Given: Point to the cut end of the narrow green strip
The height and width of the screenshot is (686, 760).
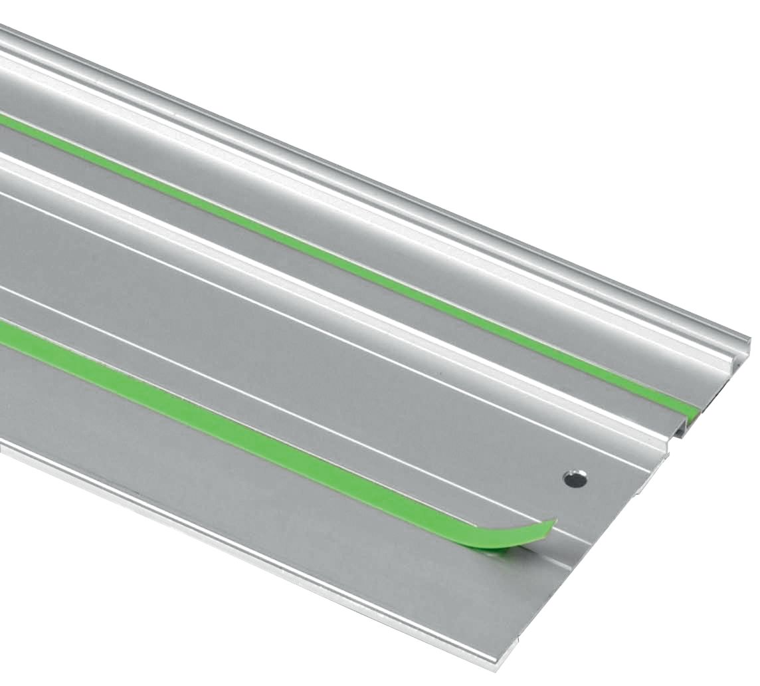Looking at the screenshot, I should click(693, 412).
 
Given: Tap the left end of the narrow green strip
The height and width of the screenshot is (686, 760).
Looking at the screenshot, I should click(4, 120).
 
